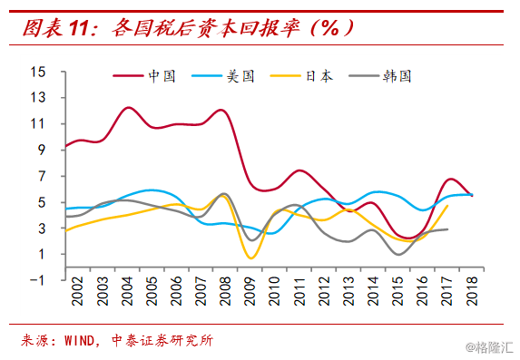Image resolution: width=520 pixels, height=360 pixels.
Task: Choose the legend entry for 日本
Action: click(x=319, y=76)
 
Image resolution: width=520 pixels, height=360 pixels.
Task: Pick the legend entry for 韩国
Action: click(x=398, y=76)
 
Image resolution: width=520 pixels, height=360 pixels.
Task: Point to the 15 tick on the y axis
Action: click(x=37, y=72)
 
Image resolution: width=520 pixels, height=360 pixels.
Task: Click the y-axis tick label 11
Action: click(x=37, y=124)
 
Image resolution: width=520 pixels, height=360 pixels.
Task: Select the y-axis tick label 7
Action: click(x=41, y=176)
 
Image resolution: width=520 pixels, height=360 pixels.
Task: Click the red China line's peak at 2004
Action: click(x=128, y=108)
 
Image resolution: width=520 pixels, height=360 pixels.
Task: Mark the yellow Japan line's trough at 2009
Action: click(x=250, y=258)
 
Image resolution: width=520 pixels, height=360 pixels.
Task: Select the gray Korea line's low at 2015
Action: click(x=399, y=254)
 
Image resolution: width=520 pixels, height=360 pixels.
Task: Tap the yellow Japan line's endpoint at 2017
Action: click(x=447, y=206)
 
